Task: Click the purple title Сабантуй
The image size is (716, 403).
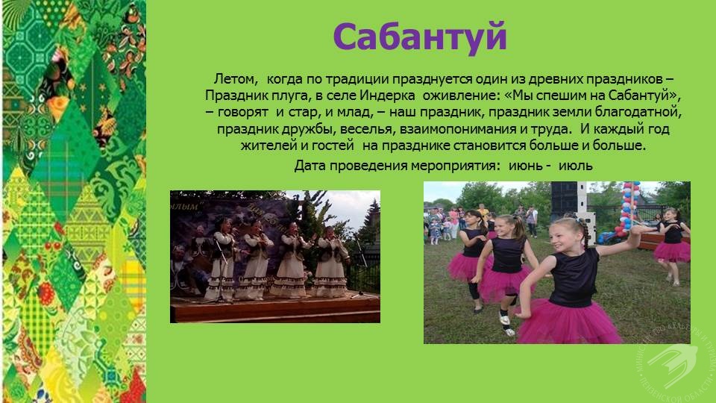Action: click(x=420, y=37)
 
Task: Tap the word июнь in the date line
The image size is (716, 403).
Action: click(x=526, y=166)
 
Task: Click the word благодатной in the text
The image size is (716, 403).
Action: click(x=638, y=113)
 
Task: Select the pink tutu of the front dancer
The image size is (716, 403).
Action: click(x=568, y=322)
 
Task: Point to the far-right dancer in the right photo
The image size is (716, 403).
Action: click(x=673, y=246)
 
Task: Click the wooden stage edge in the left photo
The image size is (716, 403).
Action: click(x=275, y=310)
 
